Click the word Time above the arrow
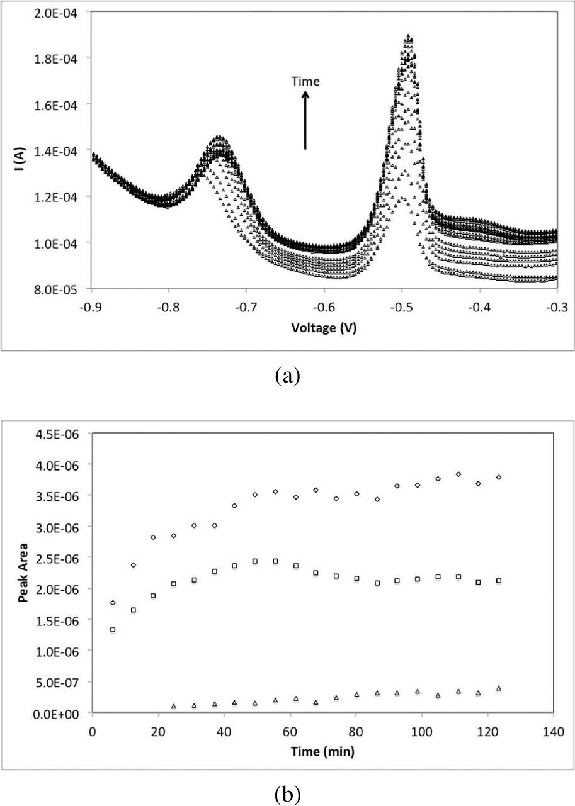pos(305,81)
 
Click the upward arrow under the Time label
pos(305,120)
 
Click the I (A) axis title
pos(21,151)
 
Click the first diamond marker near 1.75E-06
pos(113,603)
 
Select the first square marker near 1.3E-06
pos(113,629)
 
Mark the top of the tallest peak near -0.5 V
pos(409,36)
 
